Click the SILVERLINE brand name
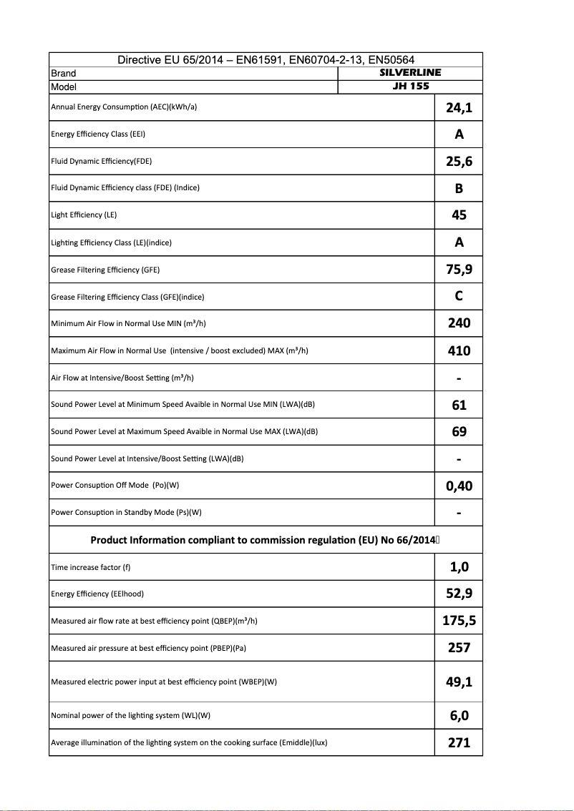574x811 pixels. pos(409,72)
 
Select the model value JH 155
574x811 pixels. pos(410,87)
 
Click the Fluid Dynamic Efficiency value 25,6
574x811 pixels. pos(459,162)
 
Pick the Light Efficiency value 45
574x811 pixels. pos(459,215)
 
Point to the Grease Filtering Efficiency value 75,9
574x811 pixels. pos(459,270)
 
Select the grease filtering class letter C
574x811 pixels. pos(459,296)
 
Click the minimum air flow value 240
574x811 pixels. pos(459,323)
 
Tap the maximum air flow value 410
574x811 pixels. pos(459,350)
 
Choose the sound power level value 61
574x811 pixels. pos(459,405)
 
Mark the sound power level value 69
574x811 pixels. pos(459,432)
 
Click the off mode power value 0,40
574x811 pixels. pos(459,486)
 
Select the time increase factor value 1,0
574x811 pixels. pos(459,567)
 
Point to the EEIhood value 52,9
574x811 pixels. pos(459,594)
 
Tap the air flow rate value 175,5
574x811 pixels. pos(459,621)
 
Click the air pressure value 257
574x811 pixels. pos(459,648)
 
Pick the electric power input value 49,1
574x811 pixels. pos(459,682)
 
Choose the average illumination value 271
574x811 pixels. pos(459,742)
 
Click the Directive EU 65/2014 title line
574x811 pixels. pos(266,60)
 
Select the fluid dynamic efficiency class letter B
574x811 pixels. pos(459,188)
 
